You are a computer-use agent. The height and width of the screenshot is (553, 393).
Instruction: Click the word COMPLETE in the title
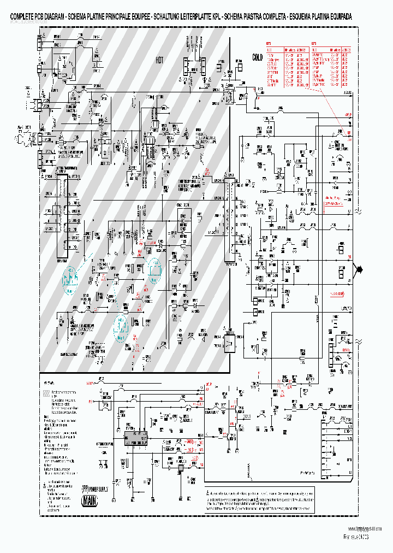click(23, 17)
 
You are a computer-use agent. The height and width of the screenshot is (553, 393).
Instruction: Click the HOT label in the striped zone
click(159, 60)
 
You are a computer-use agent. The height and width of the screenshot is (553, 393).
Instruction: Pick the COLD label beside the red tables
click(257, 57)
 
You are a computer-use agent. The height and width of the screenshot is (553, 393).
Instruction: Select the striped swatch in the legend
click(46, 392)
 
